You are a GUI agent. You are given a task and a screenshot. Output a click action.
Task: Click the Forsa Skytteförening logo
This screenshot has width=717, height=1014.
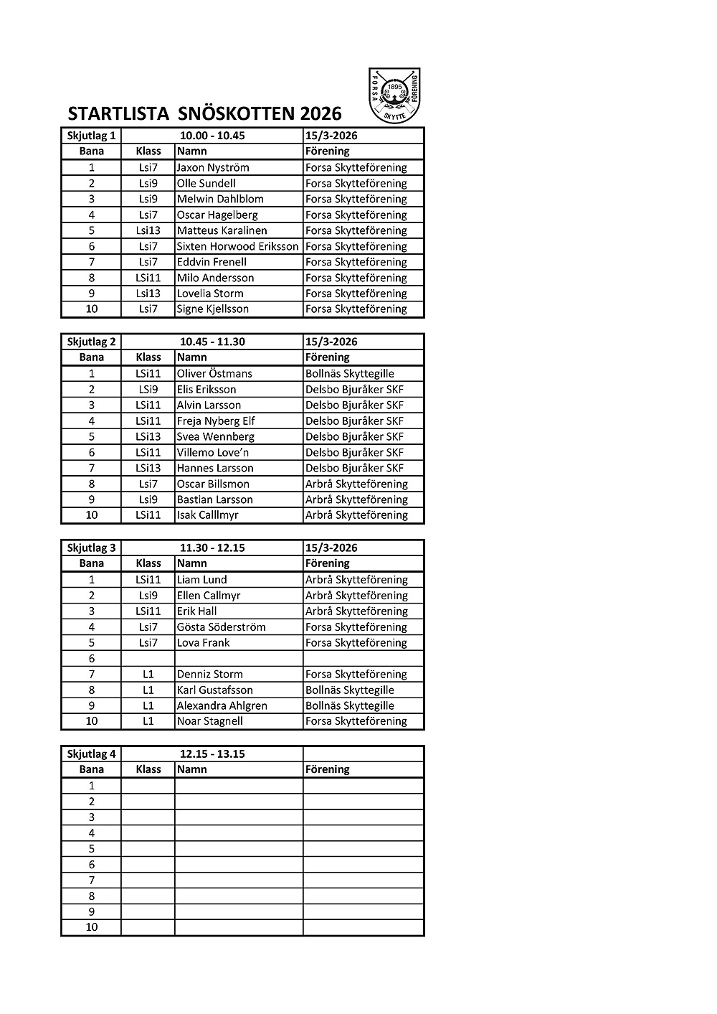click(394, 95)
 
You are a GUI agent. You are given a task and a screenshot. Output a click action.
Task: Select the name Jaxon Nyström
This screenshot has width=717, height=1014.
click(213, 167)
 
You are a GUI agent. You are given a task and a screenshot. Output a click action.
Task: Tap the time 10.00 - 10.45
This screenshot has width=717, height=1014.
click(212, 136)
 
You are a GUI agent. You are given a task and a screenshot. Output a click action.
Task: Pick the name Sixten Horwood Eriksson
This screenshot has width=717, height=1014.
click(237, 246)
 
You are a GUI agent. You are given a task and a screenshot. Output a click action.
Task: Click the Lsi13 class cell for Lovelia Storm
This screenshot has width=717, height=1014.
click(148, 294)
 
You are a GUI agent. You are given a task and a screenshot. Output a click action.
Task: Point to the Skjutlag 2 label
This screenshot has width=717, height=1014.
click(91, 342)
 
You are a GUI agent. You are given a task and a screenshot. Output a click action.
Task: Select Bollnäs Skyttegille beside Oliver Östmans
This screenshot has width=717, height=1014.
click(350, 373)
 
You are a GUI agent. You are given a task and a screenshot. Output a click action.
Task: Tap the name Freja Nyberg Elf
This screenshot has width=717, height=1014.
click(216, 421)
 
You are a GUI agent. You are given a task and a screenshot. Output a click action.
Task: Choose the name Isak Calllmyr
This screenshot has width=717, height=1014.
click(208, 515)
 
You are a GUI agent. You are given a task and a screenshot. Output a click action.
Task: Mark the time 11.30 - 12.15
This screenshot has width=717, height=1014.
click(212, 548)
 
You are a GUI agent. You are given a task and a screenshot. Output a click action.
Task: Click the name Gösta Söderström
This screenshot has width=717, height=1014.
click(221, 626)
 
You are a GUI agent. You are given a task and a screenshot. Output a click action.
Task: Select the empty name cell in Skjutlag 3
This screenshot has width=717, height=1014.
click(239, 658)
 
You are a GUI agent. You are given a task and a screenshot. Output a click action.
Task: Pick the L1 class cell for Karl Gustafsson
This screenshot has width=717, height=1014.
click(148, 690)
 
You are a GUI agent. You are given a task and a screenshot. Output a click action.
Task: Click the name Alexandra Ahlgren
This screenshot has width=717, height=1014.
click(222, 705)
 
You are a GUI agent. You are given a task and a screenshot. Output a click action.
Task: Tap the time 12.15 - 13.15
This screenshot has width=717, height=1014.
click(212, 754)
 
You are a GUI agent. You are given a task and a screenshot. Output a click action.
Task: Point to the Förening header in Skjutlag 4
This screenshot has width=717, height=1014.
click(328, 769)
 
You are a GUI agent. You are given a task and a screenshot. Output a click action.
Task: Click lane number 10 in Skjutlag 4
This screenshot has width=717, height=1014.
click(92, 927)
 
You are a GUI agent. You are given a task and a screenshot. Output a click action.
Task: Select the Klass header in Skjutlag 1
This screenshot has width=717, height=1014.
click(148, 151)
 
